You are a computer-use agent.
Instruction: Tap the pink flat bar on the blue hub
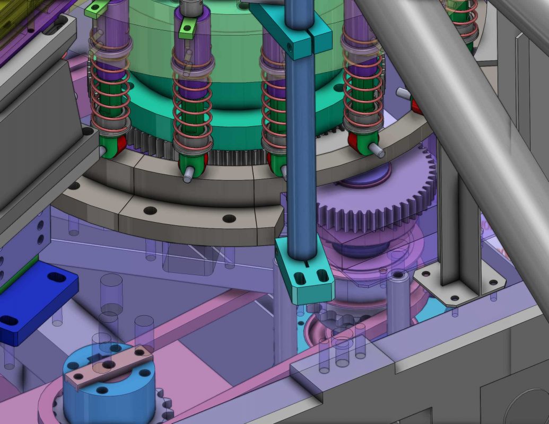(109, 366)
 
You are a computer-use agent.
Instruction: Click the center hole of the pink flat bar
(108, 365)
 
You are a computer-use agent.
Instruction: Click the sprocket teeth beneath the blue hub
(165, 408)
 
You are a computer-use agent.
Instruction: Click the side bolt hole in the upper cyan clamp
(290, 47)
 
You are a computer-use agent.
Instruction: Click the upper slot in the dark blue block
(56, 277)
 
